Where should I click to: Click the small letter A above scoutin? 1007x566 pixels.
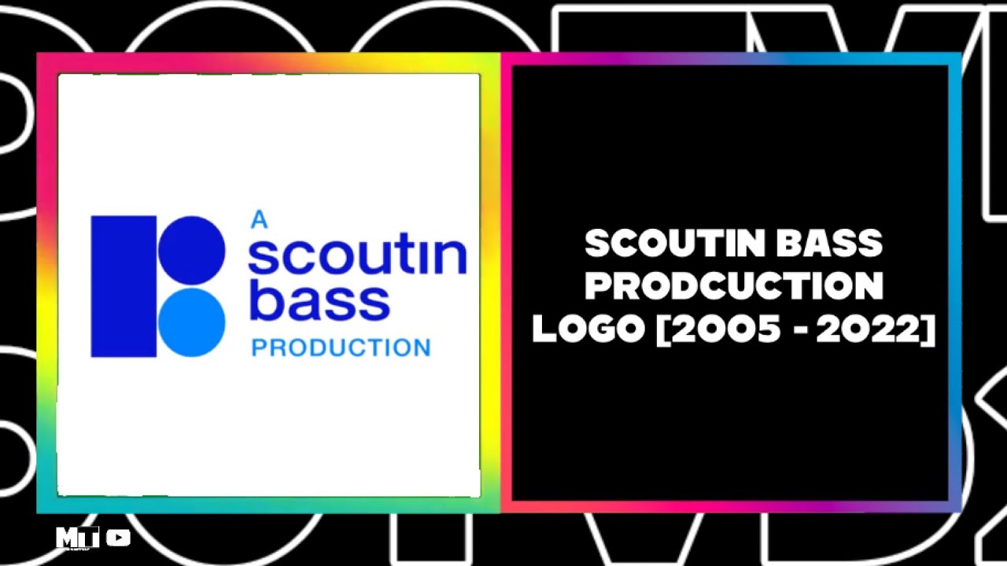[259, 220]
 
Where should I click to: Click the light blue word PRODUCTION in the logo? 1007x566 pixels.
[341, 347]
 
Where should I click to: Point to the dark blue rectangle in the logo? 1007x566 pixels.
[124, 286]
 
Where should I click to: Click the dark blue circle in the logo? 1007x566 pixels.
[192, 250]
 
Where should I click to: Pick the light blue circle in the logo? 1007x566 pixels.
[192, 323]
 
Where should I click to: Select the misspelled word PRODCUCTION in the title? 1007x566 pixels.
[734, 287]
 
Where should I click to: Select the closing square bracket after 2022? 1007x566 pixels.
[928, 330]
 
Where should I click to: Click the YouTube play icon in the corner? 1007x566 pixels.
[118, 538]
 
